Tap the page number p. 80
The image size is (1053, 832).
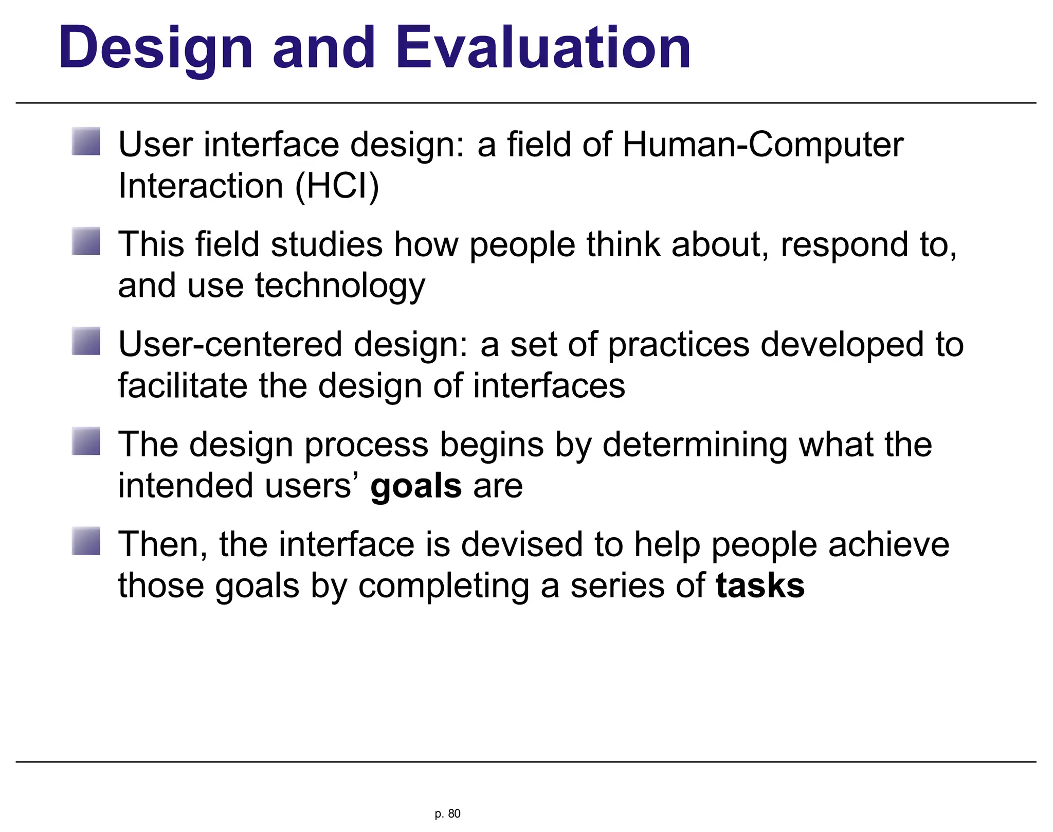tap(447, 813)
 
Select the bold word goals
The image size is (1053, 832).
tap(415, 486)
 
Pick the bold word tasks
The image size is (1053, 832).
tap(760, 586)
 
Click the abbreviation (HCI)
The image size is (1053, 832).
tap(337, 186)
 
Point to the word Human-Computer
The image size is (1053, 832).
tap(762, 145)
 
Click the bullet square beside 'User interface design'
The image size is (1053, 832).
tap(86, 141)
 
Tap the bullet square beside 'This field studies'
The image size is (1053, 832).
tap(86, 241)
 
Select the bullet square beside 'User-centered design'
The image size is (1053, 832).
tap(86, 341)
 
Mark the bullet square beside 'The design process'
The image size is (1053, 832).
tap(86, 441)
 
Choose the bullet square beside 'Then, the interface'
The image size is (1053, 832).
tap(86, 541)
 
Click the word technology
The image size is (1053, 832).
tap(340, 286)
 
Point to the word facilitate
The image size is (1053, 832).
tap(183, 386)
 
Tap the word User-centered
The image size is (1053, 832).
tap(230, 344)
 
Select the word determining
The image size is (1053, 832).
tap(695, 445)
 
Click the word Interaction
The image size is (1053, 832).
tap(201, 186)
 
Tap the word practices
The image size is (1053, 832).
tap(679, 344)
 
